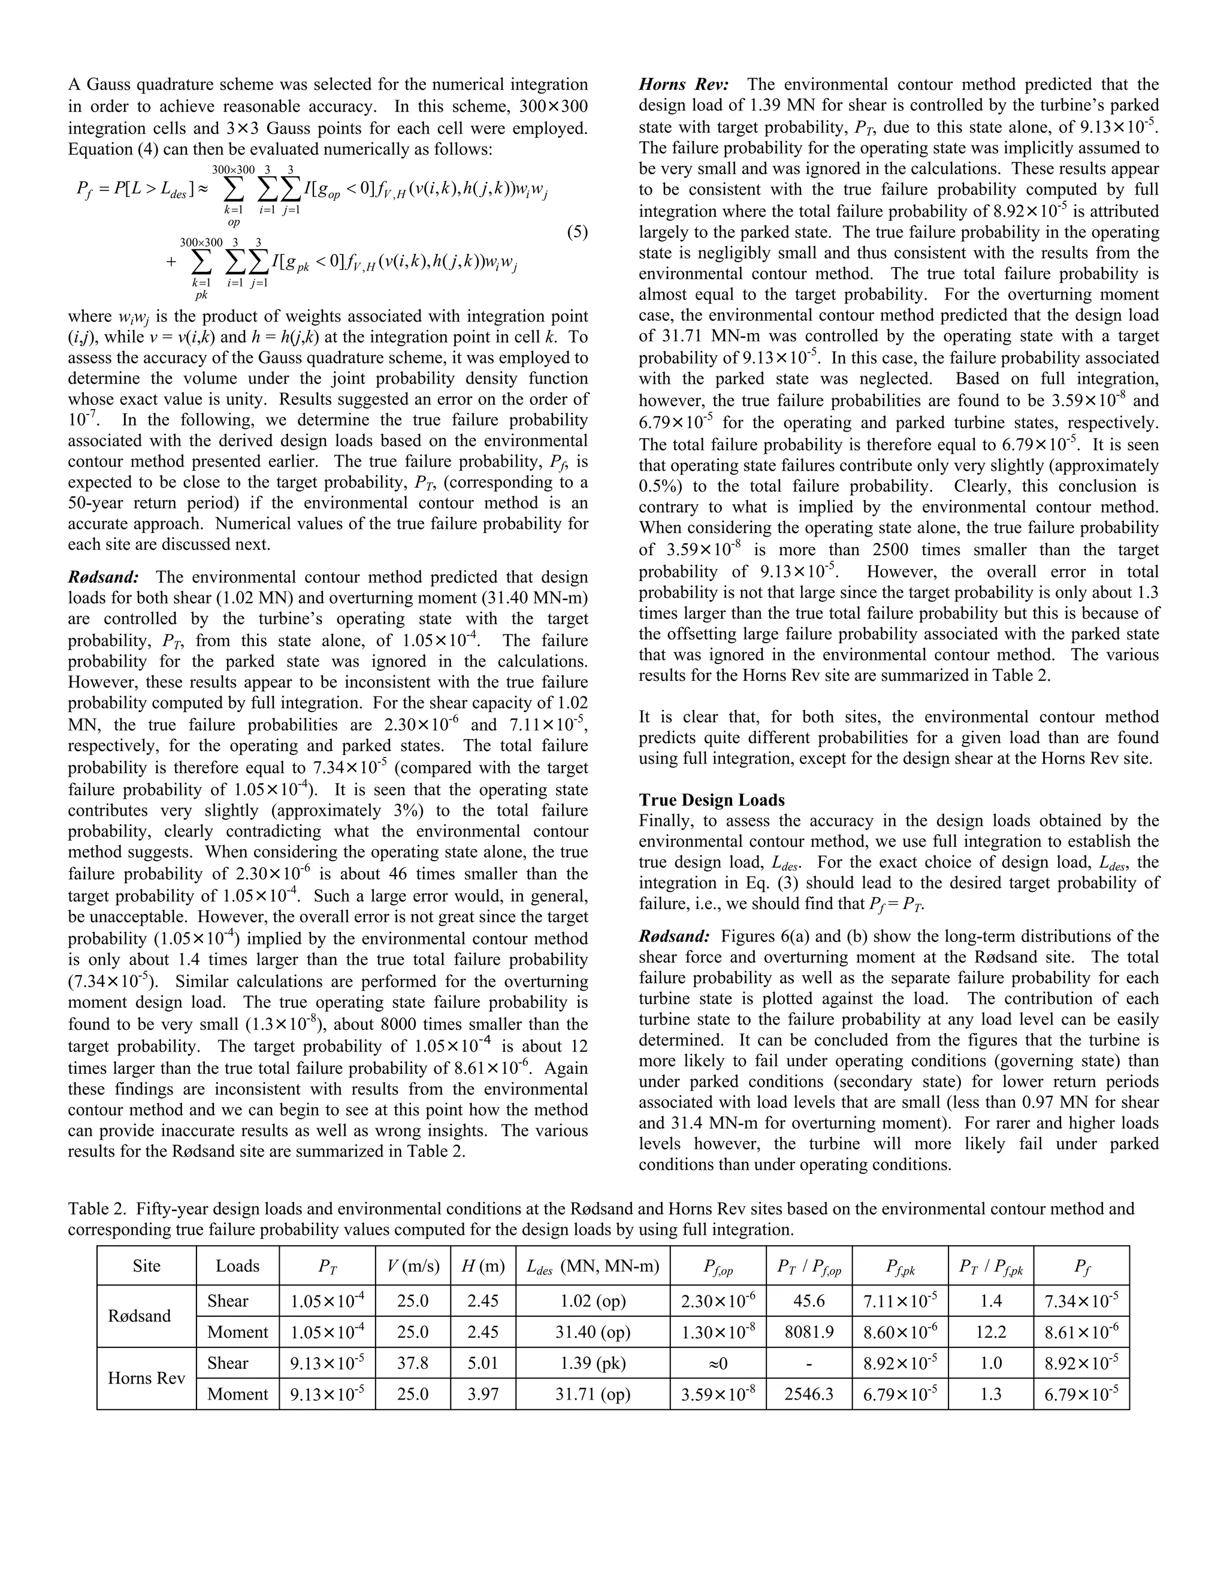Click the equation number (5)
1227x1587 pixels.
click(576, 232)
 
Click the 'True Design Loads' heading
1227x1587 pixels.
click(711, 800)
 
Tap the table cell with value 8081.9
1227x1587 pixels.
click(808, 1332)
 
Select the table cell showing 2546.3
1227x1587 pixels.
click(808, 1394)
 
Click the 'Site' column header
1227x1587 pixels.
click(146, 1266)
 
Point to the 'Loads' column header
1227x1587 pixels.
click(237, 1266)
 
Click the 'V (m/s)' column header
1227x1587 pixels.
click(413, 1266)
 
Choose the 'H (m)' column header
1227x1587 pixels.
click(483, 1266)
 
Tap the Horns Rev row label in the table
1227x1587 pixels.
click(146, 1378)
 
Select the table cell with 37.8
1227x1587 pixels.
click(413, 1362)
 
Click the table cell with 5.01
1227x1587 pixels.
click(483, 1362)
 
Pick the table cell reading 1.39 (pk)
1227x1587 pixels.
click(593, 1362)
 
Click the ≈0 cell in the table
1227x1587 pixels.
click(717, 1362)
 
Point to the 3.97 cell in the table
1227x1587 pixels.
click(483, 1394)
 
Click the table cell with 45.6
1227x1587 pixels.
click(808, 1301)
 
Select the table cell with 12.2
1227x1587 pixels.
click(991, 1332)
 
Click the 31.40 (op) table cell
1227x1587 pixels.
click(593, 1332)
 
